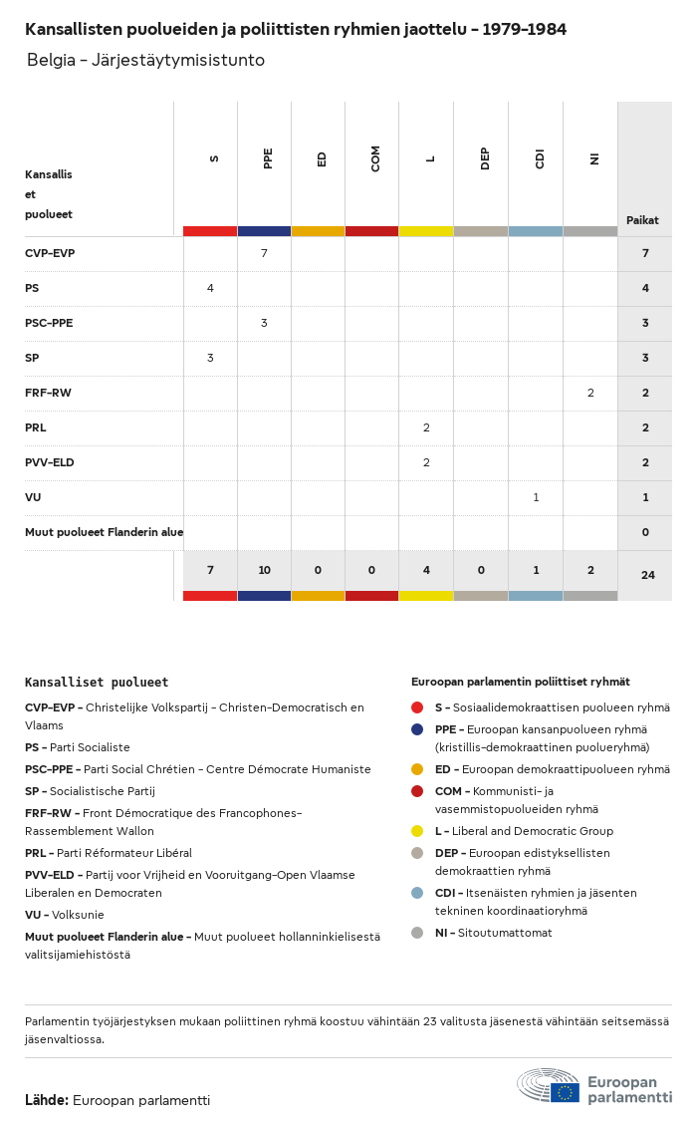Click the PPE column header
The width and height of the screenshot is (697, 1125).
(268, 158)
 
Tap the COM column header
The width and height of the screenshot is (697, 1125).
(375, 158)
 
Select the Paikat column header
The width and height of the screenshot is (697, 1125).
(642, 220)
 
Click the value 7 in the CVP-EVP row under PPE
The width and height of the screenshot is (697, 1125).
(264, 253)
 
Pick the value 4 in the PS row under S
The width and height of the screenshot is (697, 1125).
(210, 288)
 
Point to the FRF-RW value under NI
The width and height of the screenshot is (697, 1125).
(590, 394)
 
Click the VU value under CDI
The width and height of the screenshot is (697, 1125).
(536, 498)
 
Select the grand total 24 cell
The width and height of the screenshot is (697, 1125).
(648, 575)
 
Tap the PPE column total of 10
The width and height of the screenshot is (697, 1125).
(265, 570)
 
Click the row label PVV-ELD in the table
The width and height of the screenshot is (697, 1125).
(50, 462)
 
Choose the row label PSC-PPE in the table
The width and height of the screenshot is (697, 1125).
(49, 324)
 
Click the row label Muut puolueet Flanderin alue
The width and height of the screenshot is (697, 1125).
(104, 532)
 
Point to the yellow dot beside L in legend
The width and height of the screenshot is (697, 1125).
(417, 832)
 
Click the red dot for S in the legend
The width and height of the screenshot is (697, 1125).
(417, 708)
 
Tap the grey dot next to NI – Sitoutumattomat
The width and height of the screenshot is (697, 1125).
(417, 934)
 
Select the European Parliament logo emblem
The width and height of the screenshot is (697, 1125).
(549, 1086)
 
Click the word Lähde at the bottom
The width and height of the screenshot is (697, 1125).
(47, 1101)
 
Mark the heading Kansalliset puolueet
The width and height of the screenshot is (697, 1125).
(97, 683)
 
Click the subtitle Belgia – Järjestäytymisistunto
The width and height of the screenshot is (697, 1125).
(145, 60)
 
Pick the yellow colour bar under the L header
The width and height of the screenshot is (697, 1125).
(426, 232)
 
